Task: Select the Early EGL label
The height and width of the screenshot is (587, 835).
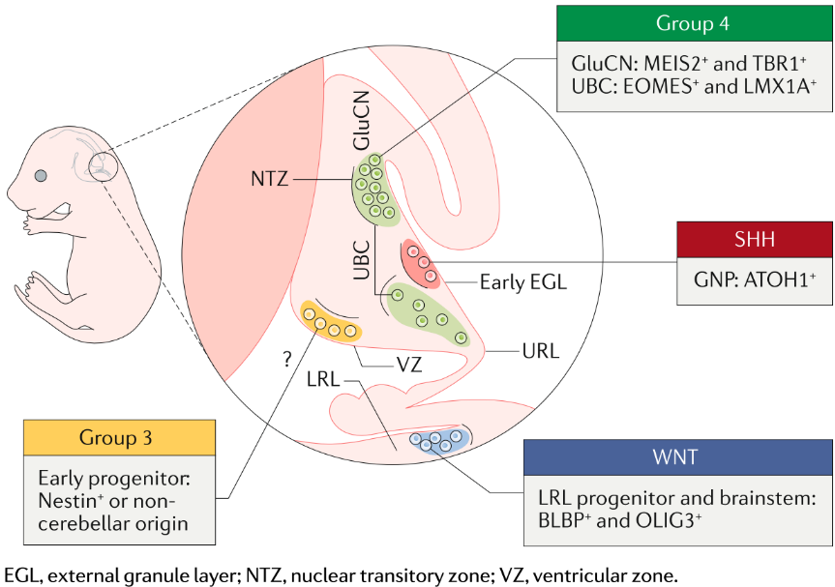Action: click(x=523, y=282)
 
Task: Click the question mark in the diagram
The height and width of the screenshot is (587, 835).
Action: click(x=286, y=360)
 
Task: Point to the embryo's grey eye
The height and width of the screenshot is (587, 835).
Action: click(x=42, y=175)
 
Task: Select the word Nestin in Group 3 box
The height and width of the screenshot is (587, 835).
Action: click(x=67, y=500)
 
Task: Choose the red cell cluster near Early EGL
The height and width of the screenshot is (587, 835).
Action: click(x=422, y=262)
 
